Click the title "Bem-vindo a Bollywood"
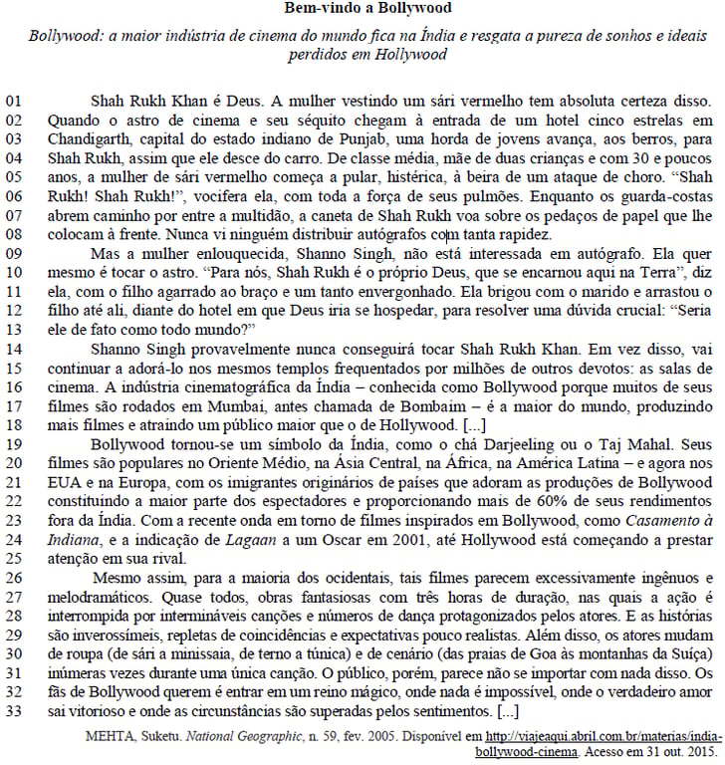tap(362, 9)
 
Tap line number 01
tap(15, 101)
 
